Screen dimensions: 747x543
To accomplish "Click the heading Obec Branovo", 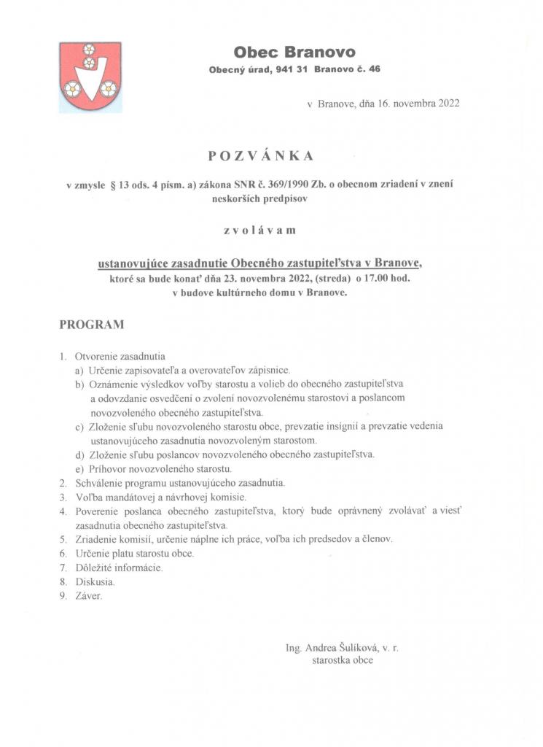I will point(294,52).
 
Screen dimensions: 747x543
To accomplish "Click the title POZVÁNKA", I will point(259,155).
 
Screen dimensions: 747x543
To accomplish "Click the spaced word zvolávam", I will point(259,231).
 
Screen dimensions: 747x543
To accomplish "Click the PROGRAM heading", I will point(92,325).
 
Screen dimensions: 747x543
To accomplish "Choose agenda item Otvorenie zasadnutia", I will point(120,357).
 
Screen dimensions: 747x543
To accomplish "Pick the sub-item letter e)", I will point(79,468).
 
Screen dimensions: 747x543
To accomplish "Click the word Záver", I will point(90,596).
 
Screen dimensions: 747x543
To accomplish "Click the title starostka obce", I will point(342,660).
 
